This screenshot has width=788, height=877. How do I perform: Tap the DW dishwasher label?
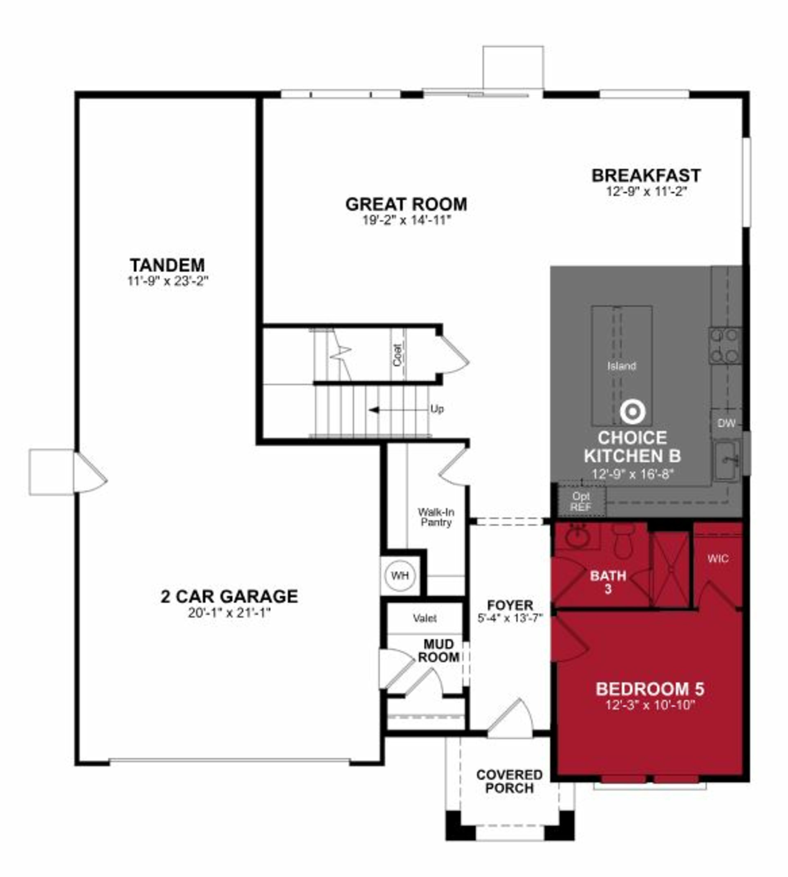tap(726, 423)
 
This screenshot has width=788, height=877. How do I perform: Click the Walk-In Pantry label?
tap(436, 517)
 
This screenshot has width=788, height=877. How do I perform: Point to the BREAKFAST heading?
tap(646, 175)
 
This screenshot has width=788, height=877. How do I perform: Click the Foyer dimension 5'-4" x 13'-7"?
tap(510, 618)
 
